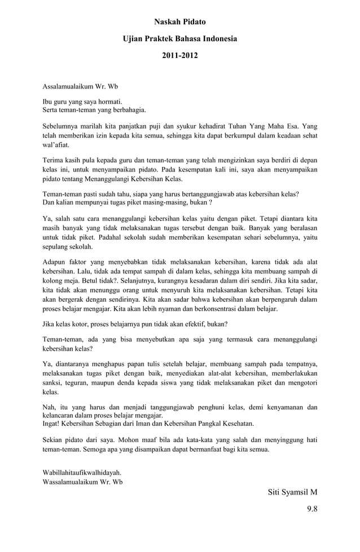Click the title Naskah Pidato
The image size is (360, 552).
pyautogui.click(x=180, y=22)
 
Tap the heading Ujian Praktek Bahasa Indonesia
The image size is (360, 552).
pyautogui.click(x=180, y=39)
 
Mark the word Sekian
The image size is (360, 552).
pyautogui.click(x=56, y=440)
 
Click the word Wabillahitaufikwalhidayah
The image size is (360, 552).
pyautogui.click(x=82, y=472)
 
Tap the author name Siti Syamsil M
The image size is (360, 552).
pyautogui.click(x=292, y=492)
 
